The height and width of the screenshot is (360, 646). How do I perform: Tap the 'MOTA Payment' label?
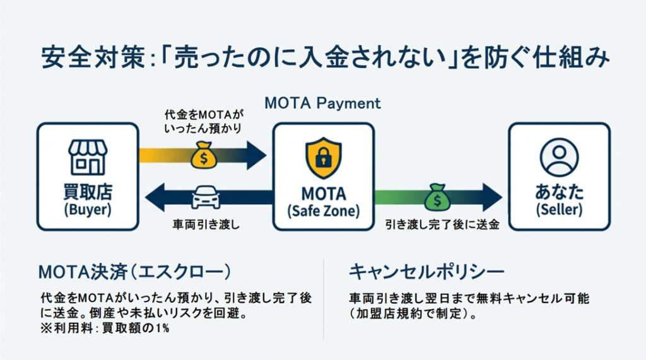coord(323,102)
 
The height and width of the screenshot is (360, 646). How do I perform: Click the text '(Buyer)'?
coord(88,210)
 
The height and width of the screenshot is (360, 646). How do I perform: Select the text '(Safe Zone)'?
coord(323,211)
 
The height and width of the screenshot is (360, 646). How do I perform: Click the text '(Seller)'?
coord(559,210)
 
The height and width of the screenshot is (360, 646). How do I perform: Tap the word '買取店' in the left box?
coord(88,192)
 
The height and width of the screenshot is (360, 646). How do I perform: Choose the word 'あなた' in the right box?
coord(559,192)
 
